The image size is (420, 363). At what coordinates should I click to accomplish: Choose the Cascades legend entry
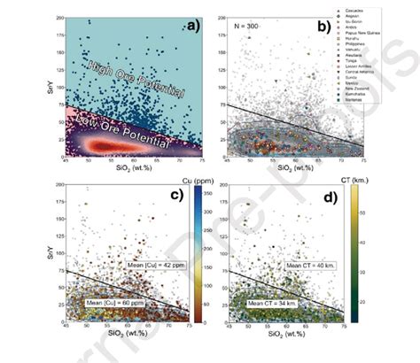[358, 10]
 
